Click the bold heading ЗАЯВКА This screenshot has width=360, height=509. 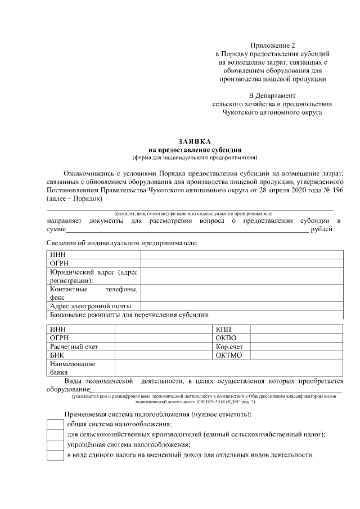[195, 142]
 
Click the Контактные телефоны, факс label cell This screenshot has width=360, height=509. [93, 293]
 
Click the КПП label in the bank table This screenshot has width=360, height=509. [223, 329]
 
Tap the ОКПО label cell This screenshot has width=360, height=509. [226, 338]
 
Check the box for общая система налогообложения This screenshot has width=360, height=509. [55, 425]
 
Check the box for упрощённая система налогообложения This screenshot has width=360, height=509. [55, 445]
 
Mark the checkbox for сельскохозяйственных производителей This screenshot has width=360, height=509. [55, 435]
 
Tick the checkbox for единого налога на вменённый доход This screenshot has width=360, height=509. [55, 455]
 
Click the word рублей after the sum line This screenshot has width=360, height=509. [322, 229]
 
